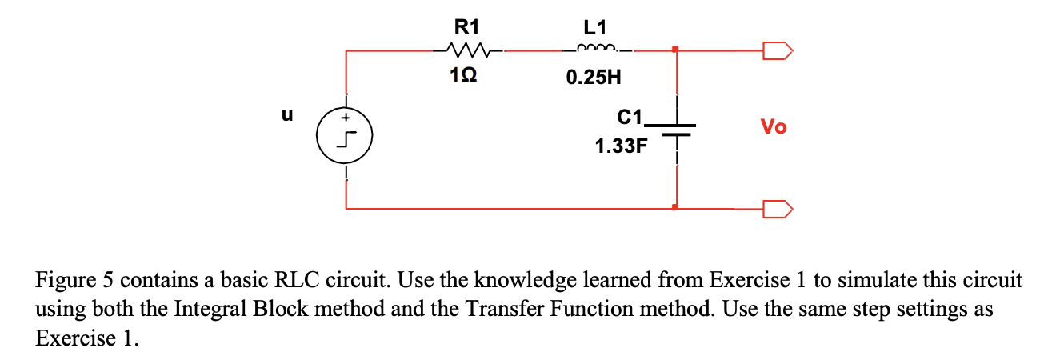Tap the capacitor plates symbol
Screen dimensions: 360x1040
678,130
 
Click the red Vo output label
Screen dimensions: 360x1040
773,126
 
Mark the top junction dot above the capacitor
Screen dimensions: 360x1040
677,50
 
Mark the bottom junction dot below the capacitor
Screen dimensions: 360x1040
677,208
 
